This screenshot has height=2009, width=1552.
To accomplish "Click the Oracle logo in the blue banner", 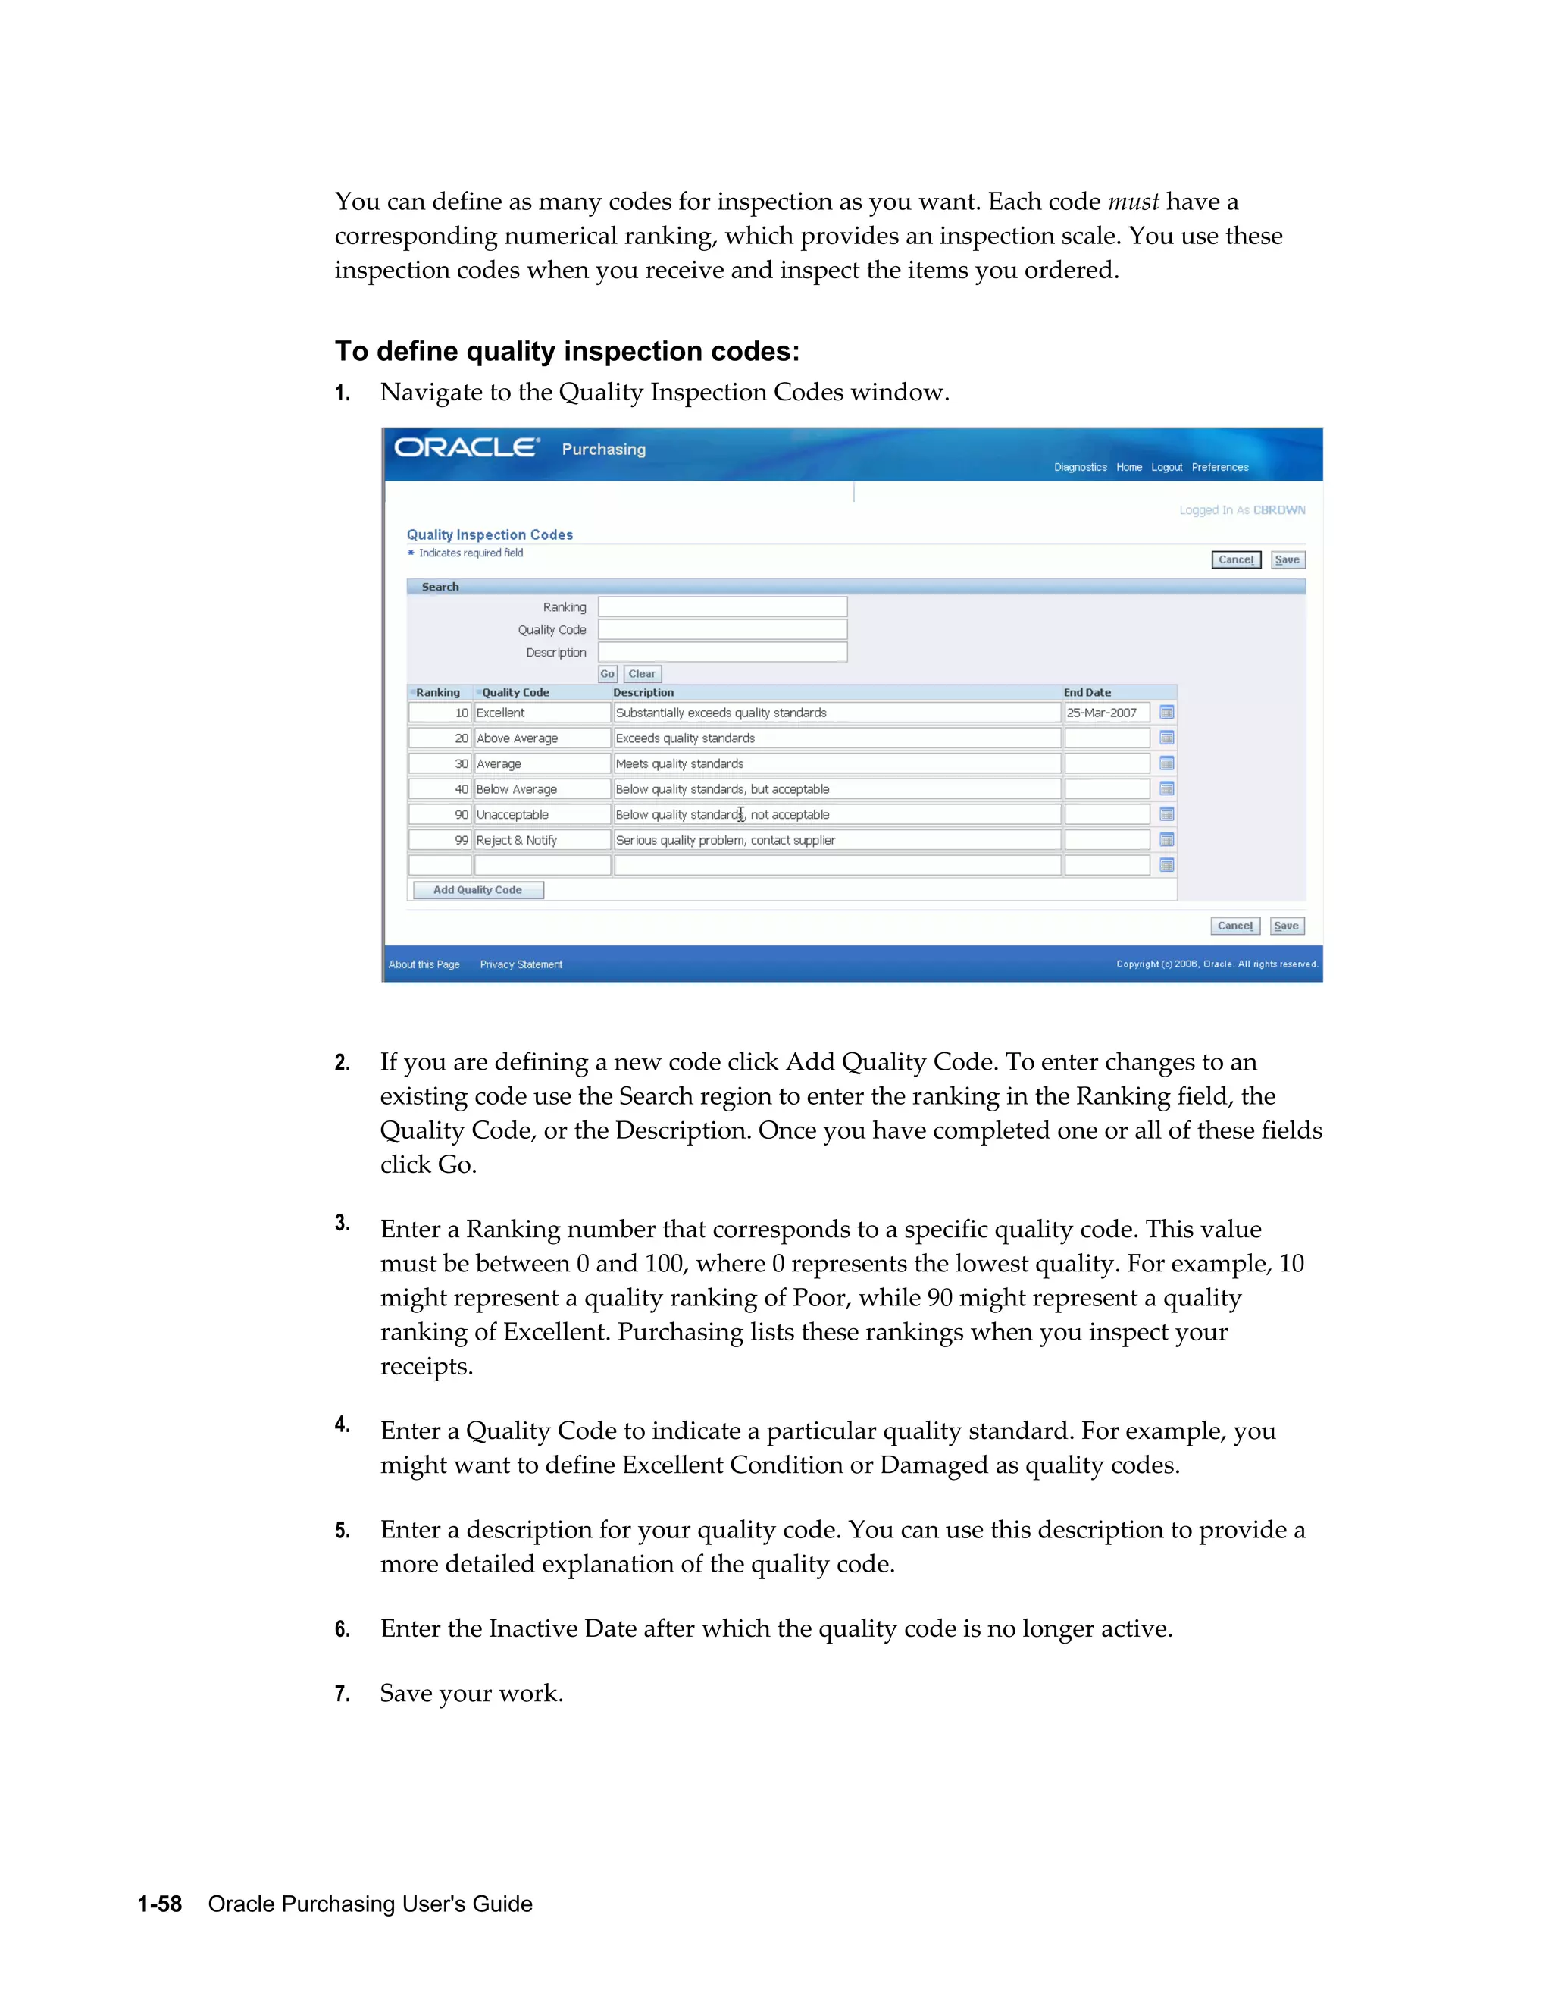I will click(466, 448).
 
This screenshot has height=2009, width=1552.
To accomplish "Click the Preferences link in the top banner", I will click(1219, 467).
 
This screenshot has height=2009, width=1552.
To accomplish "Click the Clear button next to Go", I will click(642, 674).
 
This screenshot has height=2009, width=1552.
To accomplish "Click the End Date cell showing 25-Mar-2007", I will click(1106, 713).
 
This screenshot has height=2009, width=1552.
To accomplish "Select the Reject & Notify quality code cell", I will click(542, 840).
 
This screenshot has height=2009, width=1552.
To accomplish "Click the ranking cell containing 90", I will click(440, 815).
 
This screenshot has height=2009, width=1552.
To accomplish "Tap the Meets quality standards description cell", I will click(836, 763).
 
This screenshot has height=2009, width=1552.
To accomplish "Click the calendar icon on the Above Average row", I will click(1167, 738).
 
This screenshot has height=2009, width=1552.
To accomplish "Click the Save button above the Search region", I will click(1288, 560).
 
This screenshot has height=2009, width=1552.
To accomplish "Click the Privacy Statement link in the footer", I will click(521, 964).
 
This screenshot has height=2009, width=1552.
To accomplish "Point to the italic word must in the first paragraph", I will click(1133, 202).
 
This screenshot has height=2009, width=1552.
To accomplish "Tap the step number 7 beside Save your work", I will click(342, 1694).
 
